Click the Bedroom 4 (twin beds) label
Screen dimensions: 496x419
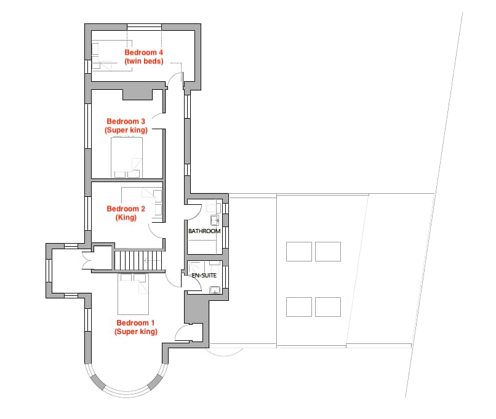click(144, 57)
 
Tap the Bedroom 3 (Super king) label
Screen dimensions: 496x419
click(126, 126)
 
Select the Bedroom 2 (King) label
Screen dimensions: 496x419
click(126, 213)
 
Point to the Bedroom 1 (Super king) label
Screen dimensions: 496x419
click(136, 327)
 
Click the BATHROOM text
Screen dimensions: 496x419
click(204, 231)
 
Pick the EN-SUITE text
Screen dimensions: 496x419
click(204, 276)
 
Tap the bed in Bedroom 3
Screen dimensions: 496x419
click(127, 157)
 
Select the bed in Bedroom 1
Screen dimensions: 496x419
click(133, 293)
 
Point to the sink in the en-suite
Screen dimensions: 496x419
click(215, 290)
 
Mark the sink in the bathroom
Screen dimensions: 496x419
click(215, 220)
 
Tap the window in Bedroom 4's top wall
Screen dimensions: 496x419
click(144, 27)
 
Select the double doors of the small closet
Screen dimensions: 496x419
click(86, 260)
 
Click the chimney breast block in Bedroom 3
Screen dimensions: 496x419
click(138, 94)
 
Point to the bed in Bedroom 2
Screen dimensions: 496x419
click(142, 202)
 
